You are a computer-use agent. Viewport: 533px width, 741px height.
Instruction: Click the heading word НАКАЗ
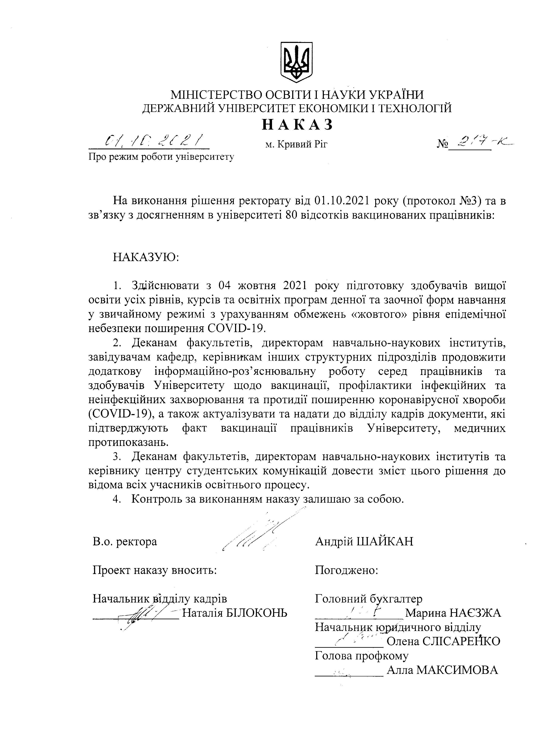(x=298, y=125)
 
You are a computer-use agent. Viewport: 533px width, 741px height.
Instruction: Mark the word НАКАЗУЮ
(x=146, y=257)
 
